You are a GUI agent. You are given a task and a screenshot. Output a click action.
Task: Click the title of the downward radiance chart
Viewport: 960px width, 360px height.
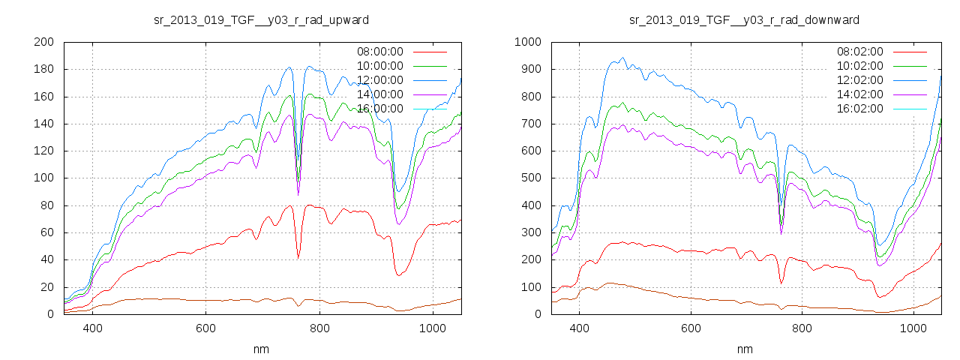pyautogui.click(x=744, y=19)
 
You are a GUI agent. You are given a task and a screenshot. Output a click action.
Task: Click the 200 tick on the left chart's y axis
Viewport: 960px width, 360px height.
pyautogui.click(x=43, y=42)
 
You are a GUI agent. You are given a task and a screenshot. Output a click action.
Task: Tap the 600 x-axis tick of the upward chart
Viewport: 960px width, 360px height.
pyautogui.click(x=205, y=328)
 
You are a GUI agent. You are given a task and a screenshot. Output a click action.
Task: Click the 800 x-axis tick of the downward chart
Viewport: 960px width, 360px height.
pyautogui.click(x=802, y=328)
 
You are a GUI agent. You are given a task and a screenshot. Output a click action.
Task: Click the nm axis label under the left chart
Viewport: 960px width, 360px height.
pyautogui.click(x=261, y=349)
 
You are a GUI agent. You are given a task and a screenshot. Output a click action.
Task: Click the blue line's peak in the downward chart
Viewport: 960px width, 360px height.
pyautogui.click(x=622, y=58)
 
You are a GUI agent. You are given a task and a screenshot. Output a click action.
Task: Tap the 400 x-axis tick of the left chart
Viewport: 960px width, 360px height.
pyautogui.click(x=92, y=328)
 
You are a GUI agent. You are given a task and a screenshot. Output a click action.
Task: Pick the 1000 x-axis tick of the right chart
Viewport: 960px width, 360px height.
pyautogui.click(x=913, y=328)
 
